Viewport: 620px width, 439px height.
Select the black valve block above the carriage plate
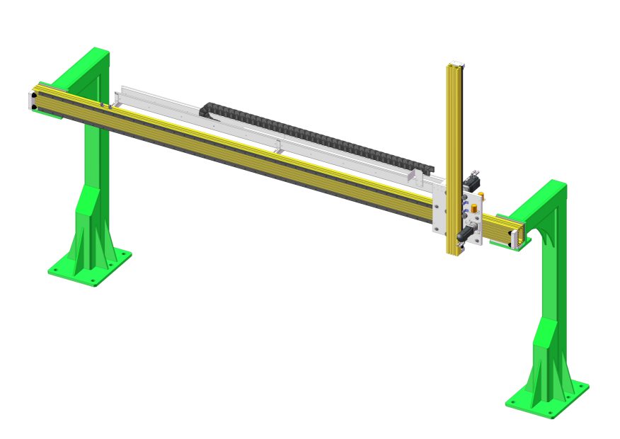click(471, 181)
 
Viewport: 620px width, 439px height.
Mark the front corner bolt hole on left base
click(93, 281)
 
